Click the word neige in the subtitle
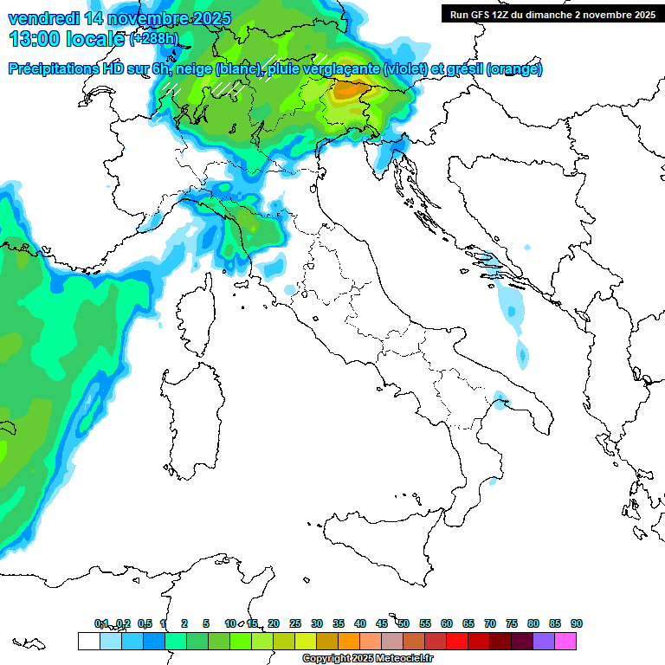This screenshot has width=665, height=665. [193, 69]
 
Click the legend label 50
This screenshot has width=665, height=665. [404, 623]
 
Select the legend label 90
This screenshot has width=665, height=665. [577, 623]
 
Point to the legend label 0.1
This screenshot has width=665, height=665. [101, 623]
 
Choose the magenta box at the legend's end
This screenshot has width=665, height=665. [565, 641]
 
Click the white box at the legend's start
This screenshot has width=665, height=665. [88, 641]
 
